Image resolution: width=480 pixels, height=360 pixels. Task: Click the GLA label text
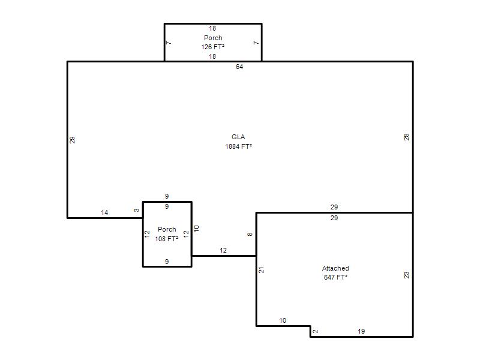[x=238, y=137]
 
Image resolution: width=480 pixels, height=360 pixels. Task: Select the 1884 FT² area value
[x=238, y=146]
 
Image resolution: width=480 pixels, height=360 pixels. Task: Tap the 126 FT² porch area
[x=213, y=47]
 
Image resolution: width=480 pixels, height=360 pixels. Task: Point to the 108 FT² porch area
[x=167, y=239]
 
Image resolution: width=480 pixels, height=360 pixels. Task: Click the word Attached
[x=335, y=268]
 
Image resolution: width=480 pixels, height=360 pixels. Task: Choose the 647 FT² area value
[x=335, y=277]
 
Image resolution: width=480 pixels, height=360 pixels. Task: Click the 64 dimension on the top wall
[x=239, y=67]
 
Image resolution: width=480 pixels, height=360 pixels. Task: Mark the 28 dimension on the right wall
[x=406, y=137]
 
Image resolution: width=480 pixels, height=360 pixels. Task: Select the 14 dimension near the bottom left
[x=104, y=212]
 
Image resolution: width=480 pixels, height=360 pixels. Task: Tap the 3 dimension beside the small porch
[x=137, y=210]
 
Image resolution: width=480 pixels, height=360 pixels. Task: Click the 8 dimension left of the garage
[x=250, y=234]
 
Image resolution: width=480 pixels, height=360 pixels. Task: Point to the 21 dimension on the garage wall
[x=261, y=270]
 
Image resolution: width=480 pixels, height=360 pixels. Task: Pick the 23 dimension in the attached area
[x=406, y=275]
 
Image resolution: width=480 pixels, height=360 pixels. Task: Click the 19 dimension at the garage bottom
[x=361, y=331]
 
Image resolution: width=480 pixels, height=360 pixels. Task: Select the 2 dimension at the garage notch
[x=316, y=331]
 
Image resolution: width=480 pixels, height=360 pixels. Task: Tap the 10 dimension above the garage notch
[x=283, y=320]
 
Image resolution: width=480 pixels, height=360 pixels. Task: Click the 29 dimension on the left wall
[x=72, y=140]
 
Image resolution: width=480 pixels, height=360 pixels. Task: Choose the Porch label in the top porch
[x=213, y=38]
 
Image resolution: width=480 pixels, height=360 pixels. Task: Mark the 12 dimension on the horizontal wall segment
[x=223, y=250]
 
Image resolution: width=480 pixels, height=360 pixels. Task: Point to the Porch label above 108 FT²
[x=167, y=229]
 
